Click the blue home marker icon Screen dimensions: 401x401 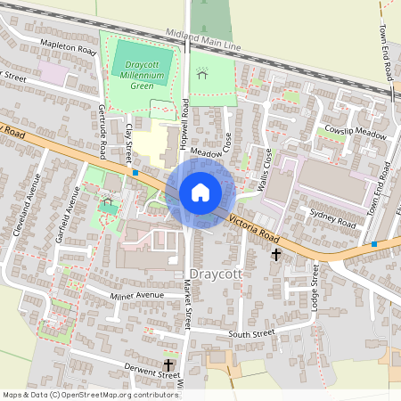tap(200, 192)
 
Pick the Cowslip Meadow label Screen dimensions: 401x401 tap(356, 133)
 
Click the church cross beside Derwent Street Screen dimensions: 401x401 tap(168, 364)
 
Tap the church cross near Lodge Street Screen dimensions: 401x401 tap(276, 255)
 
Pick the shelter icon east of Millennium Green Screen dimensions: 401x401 tap(202, 77)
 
